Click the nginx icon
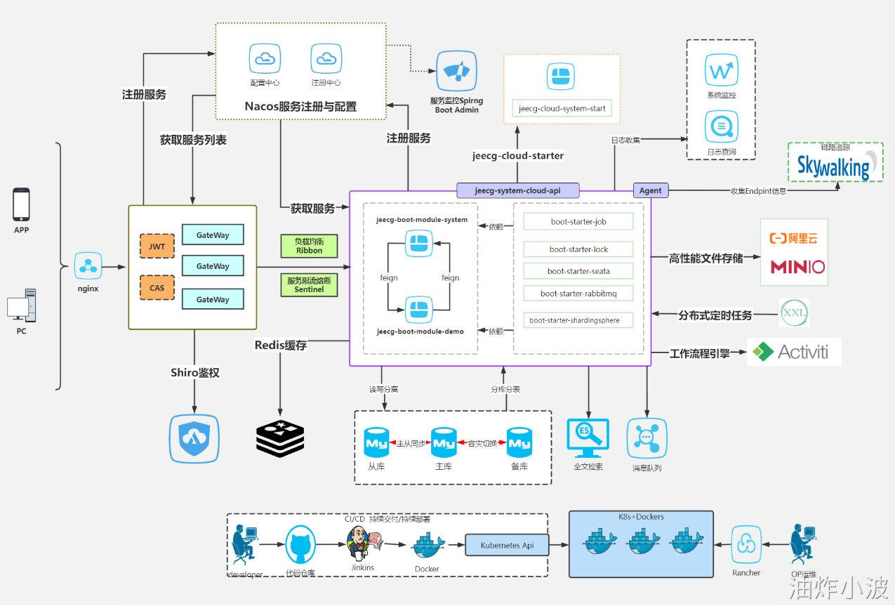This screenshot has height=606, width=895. point(88,266)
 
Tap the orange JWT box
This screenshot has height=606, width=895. point(157,247)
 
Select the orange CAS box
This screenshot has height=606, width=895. point(157,287)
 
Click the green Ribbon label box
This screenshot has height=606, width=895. point(309,246)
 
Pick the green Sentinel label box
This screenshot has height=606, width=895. point(309,284)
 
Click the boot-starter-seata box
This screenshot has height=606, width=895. point(578,271)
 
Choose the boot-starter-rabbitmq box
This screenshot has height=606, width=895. point(578,294)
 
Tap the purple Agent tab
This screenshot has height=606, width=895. point(651,190)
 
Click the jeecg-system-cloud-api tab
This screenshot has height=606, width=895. point(517,190)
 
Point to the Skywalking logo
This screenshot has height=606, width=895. point(834,166)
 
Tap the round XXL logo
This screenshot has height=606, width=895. point(795,312)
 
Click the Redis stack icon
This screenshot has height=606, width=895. point(280,439)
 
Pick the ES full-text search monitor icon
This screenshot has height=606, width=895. point(588,437)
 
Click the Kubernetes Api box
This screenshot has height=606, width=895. point(507,545)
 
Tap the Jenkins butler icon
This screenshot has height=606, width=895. point(359,542)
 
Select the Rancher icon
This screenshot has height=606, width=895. point(747,544)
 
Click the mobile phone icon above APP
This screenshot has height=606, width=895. point(22,204)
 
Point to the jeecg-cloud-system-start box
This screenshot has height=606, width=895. point(562,109)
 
